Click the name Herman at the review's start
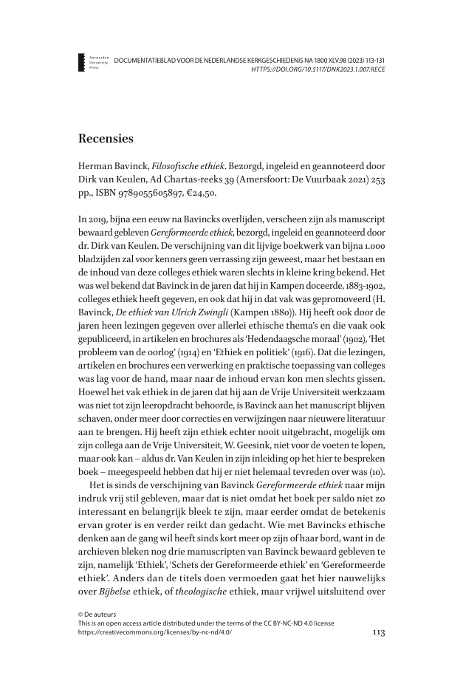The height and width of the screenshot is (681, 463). click(97, 164)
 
